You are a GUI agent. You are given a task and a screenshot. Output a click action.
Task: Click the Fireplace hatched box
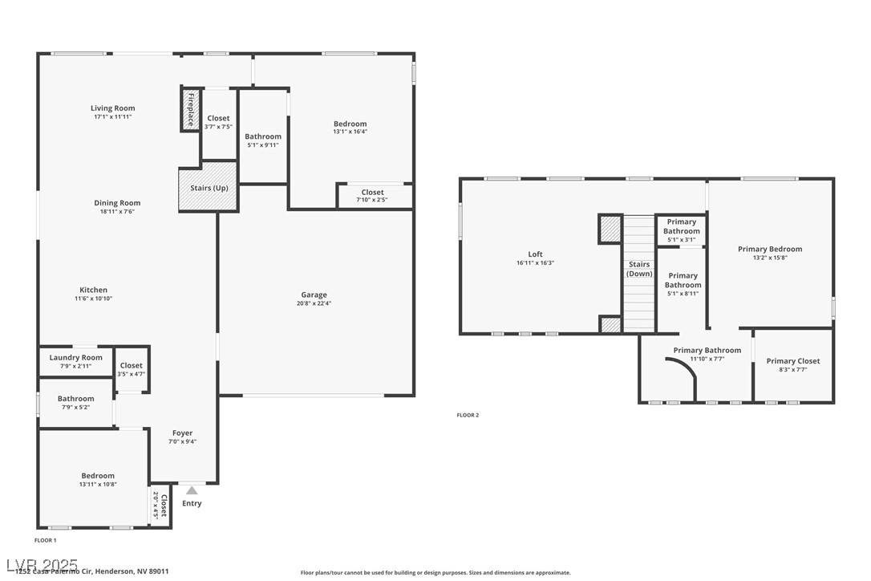tap(189, 109)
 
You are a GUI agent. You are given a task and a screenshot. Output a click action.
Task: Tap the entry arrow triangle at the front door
tap(192, 490)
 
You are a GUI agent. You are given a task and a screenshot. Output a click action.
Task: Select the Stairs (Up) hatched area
tap(208, 187)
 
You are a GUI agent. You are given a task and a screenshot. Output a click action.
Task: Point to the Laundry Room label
tap(76, 357)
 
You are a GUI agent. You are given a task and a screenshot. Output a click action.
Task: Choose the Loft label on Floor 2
tap(535, 254)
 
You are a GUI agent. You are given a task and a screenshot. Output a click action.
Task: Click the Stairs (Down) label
tap(639, 269)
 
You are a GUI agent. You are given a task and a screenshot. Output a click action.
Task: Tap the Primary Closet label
tap(792, 361)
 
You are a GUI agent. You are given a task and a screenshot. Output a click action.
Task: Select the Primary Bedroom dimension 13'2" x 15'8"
tap(770, 258)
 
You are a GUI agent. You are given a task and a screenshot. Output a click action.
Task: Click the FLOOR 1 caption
tap(46, 540)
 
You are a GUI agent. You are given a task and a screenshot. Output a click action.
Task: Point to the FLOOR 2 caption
tap(468, 415)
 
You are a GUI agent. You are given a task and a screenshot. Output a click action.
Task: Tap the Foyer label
tap(182, 433)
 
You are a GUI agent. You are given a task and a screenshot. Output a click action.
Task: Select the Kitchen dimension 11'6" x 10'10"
tap(93, 299)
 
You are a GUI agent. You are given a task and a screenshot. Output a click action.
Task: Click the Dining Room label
tap(117, 203)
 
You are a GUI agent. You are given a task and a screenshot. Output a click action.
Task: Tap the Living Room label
tap(112, 108)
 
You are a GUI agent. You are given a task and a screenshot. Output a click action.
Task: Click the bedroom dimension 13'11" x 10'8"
tap(98, 484)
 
